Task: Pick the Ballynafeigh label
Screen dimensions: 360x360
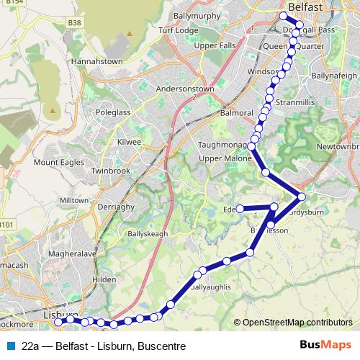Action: click(x=333, y=75)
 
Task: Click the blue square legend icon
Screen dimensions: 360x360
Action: click(x=10, y=346)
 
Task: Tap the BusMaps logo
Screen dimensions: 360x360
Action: click(x=325, y=345)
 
